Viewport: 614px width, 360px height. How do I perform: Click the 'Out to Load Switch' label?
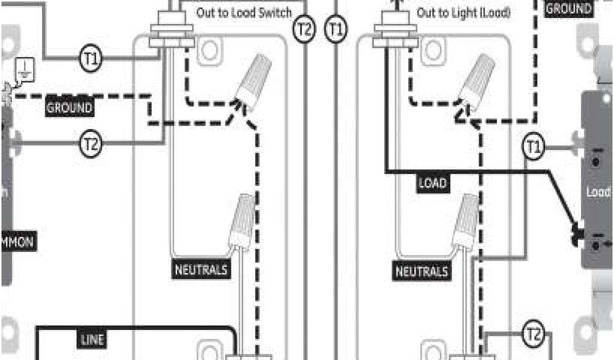(244, 13)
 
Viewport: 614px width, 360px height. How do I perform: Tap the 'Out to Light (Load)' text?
(463, 13)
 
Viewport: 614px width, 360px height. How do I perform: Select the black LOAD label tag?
(432, 182)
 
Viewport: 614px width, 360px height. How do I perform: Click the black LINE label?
(92, 340)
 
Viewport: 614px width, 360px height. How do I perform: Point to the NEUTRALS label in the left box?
(201, 270)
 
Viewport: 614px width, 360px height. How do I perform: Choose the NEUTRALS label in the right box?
(422, 271)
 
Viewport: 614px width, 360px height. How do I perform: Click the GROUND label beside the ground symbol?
(70, 108)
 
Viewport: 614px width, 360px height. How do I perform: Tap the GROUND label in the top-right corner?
(568, 8)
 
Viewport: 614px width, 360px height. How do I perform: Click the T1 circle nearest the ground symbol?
(91, 58)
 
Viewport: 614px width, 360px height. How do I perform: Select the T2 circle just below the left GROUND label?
(91, 143)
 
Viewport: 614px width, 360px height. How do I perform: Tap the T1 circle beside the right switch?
(533, 148)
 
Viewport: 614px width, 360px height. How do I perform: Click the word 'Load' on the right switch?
(598, 193)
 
